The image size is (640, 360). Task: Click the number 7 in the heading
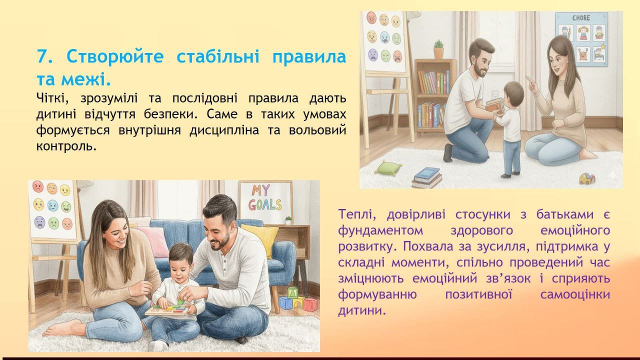pos(42,56)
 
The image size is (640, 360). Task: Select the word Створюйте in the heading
pos(115,56)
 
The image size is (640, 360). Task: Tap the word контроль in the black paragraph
pos(66,146)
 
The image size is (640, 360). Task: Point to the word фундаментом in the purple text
pos(380,230)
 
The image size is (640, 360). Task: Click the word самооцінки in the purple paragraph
pos(575,294)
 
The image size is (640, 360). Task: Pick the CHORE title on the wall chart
pos(581,18)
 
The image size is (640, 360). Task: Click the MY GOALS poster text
pos(265,197)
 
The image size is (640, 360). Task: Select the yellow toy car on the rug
pos(587,178)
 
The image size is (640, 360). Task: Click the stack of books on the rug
pos(427,177)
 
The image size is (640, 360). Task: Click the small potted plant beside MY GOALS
pos(288,220)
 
